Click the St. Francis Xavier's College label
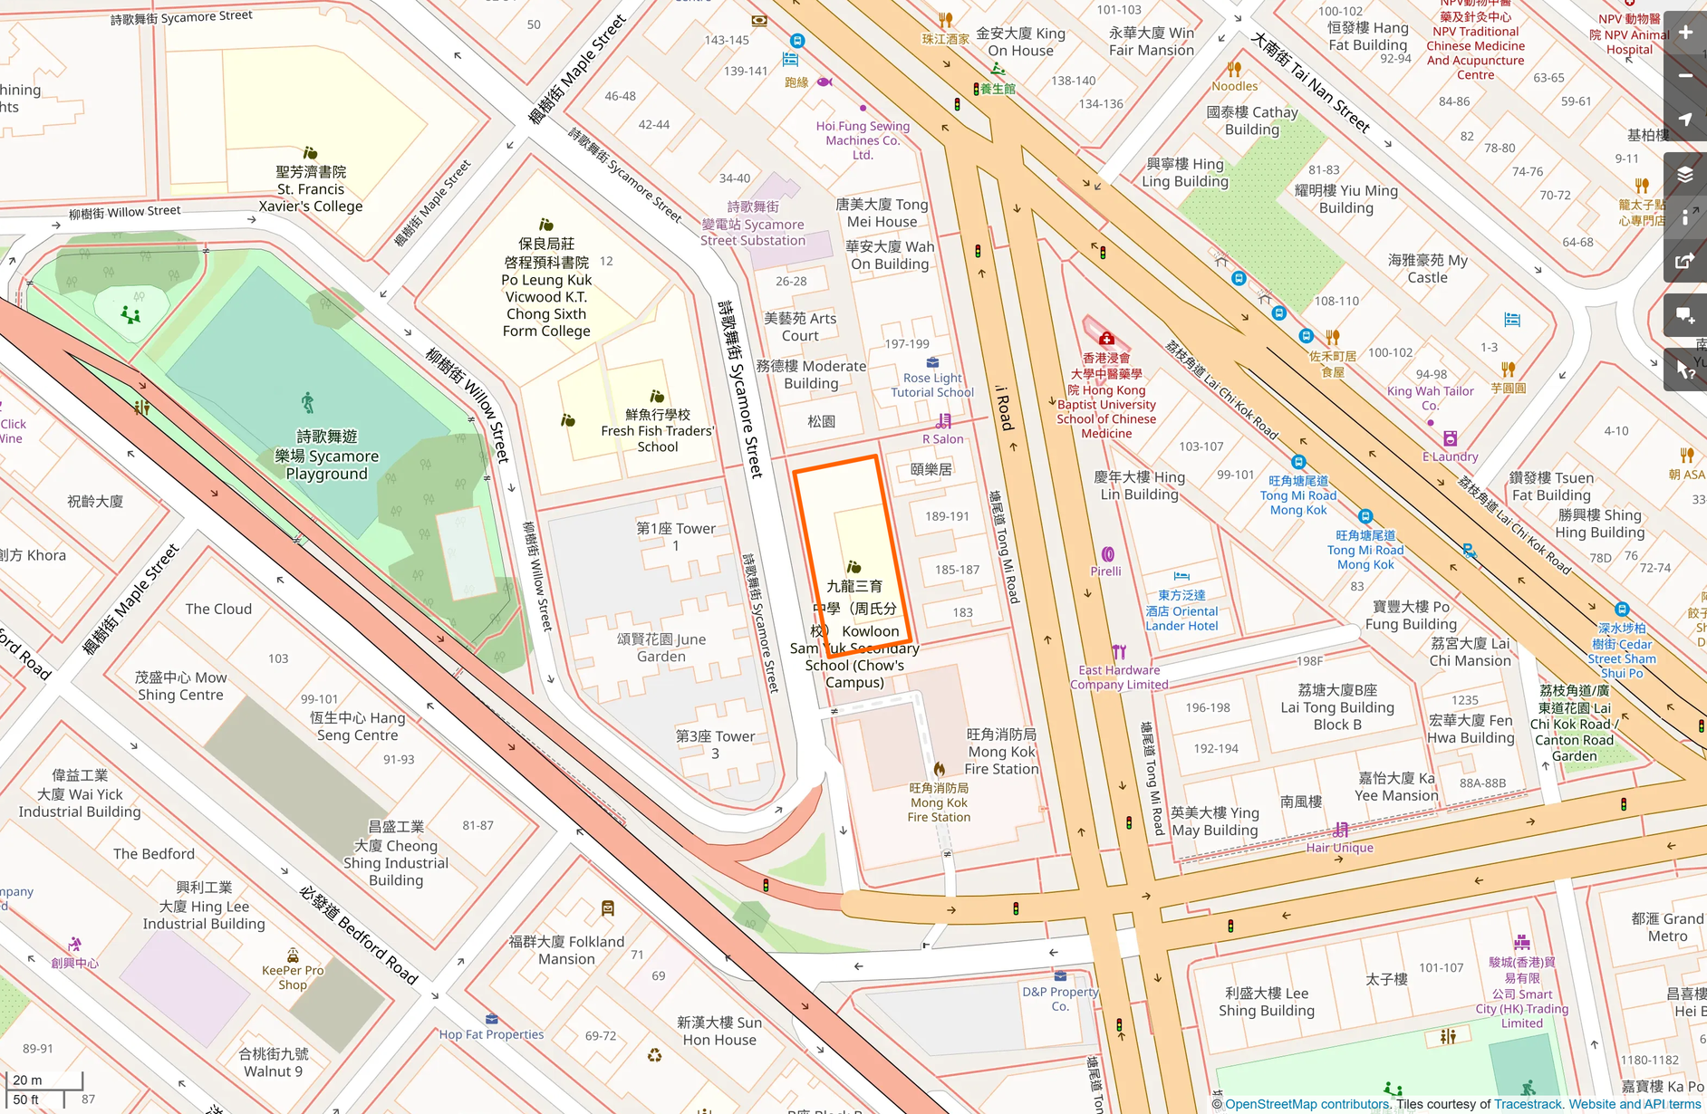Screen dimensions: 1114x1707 pos(311,189)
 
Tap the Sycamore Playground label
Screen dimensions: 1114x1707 pos(326,456)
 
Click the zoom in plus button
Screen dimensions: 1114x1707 pos(1685,33)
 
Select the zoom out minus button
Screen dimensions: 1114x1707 pos(1685,76)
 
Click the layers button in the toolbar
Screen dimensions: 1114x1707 pos(1685,174)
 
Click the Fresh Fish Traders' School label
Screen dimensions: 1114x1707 pos(658,431)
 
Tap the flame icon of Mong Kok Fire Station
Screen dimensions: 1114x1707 pos(940,769)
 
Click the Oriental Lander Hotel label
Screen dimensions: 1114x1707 pos(1181,610)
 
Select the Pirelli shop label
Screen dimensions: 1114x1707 pos(1105,571)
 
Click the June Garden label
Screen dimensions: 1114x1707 pos(661,648)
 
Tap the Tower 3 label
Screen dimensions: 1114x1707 pos(715,744)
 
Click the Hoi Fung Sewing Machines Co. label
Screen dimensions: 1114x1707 pos(863,140)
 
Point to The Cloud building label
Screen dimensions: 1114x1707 pos(218,609)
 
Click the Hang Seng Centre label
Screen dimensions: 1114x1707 pos(358,726)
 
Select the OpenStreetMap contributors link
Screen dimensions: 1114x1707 pos(1307,1104)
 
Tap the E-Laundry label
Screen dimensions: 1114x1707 pos(1450,456)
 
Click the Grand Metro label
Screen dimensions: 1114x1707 pos(1667,927)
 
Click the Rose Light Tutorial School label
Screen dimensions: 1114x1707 pos(932,385)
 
